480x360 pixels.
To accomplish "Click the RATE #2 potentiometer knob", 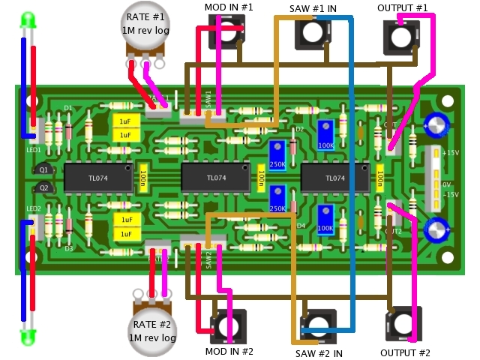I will [154, 330].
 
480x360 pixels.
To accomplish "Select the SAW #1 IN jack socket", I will [313, 31].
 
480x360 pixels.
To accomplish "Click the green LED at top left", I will [28, 19].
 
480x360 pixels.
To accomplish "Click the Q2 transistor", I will [43, 187].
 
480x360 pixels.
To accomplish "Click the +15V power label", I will [451, 153].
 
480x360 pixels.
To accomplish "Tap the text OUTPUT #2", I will [405, 352].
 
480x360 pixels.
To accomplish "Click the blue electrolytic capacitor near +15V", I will [436, 124].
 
